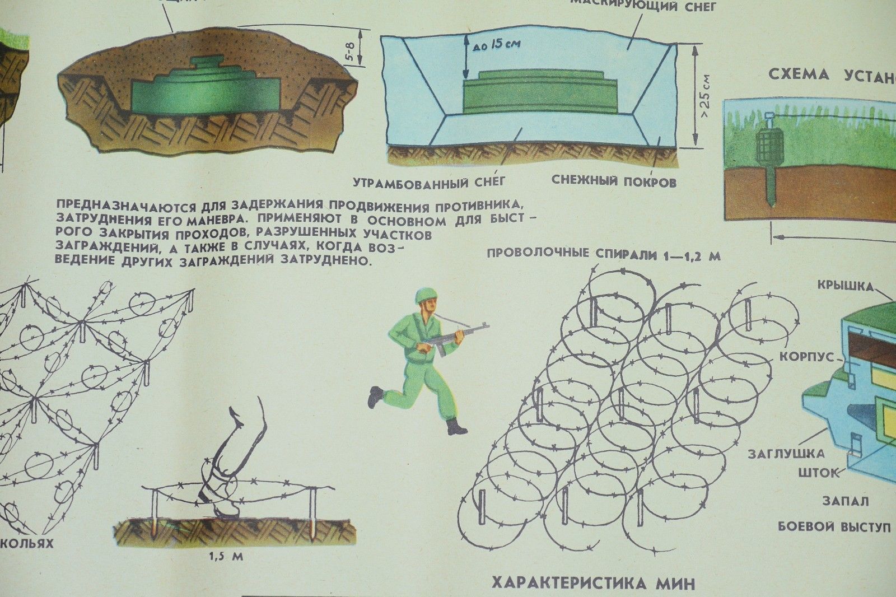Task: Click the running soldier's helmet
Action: (423, 296)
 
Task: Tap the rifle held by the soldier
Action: (456, 335)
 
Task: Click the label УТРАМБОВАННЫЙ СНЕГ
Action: (430, 181)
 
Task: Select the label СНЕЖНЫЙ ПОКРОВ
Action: (614, 181)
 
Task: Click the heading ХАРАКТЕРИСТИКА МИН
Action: (593, 583)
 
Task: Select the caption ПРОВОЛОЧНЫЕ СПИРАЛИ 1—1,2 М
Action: (604, 255)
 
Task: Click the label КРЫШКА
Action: (853, 287)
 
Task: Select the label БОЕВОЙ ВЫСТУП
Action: (834, 526)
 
